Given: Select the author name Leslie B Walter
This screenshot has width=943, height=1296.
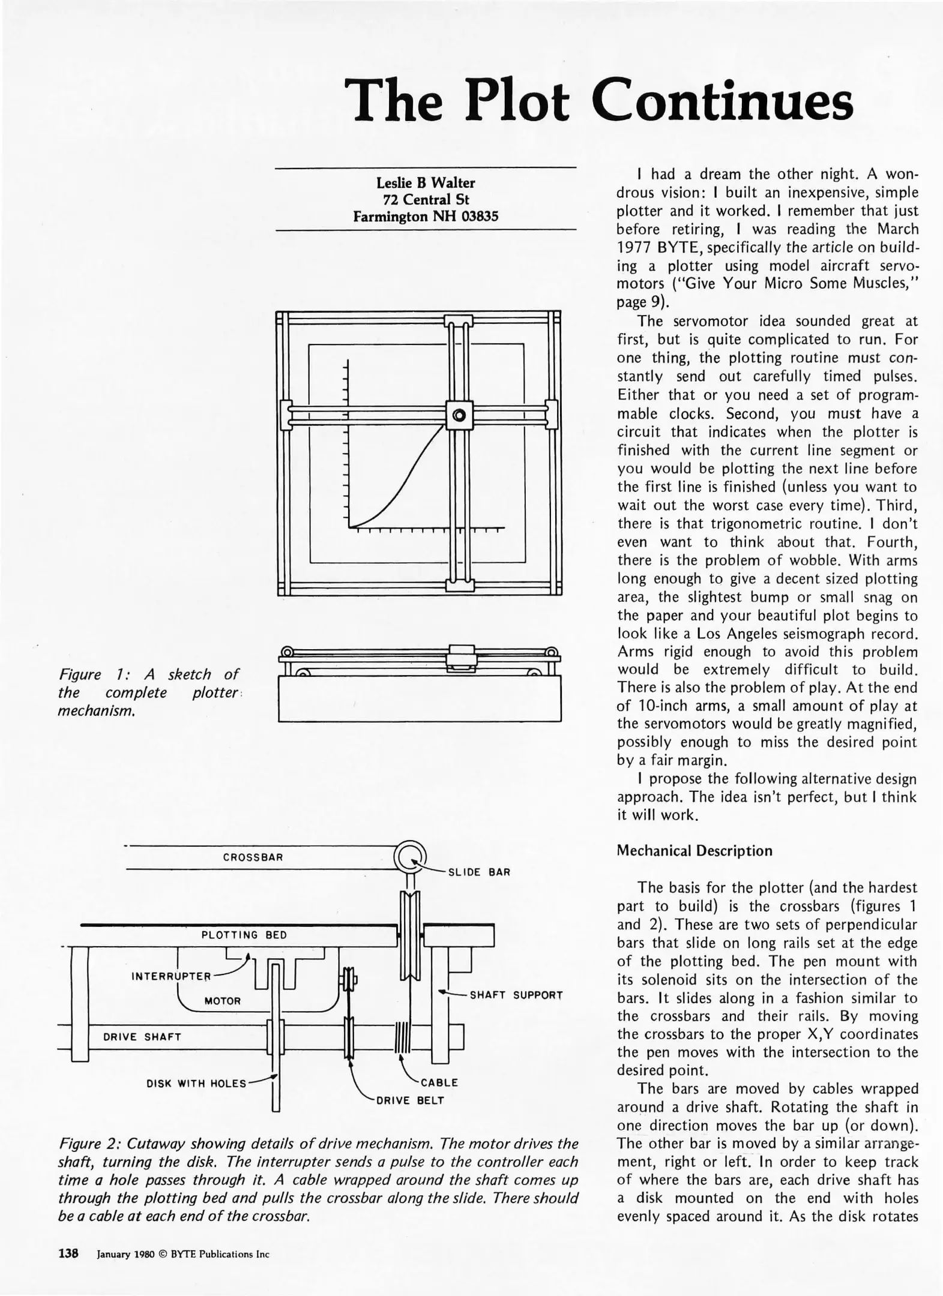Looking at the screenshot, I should tap(426, 182).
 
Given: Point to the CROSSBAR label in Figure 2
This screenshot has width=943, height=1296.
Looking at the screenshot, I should tap(253, 857).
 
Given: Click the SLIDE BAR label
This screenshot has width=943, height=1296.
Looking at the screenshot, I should tap(479, 872).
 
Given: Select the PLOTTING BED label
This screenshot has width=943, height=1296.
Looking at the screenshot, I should tap(244, 935).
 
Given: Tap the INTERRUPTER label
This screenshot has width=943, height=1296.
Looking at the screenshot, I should tap(171, 976).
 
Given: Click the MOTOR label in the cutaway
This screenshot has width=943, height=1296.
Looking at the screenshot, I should tap(222, 1001).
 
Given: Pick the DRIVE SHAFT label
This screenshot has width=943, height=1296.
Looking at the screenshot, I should tap(142, 1037).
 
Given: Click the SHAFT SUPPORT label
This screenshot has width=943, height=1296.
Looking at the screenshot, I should tap(516, 995).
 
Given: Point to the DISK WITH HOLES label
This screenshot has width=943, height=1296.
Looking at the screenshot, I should tap(196, 1083).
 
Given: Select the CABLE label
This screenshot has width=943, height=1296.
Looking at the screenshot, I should tap(439, 1082).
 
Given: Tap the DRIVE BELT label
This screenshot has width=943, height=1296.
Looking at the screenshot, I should tap(410, 1100).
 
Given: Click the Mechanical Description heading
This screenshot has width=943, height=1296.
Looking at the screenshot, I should tap(694, 851).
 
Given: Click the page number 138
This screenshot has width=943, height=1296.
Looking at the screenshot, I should tap(68, 1253).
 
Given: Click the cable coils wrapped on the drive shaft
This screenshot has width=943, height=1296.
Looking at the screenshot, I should tap(402, 1036).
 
